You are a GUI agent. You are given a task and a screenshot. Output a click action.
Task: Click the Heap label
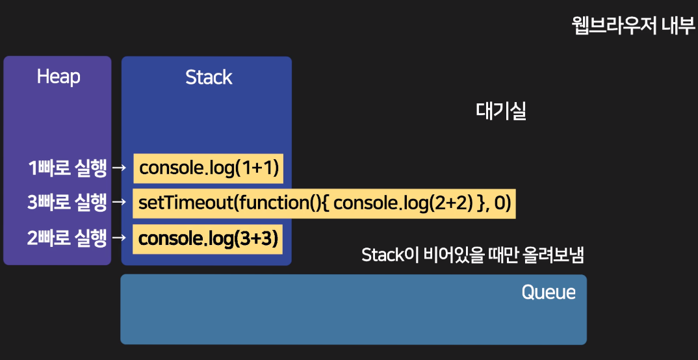pos(58,77)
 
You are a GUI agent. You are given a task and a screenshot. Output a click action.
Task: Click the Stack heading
pos(209,77)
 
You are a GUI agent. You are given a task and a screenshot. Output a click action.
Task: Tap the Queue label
pos(549,292)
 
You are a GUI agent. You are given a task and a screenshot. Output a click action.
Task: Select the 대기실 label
pos(500,111)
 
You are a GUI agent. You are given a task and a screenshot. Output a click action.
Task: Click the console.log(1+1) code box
pos(209,168)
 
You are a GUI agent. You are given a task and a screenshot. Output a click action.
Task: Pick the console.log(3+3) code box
pos(209,239)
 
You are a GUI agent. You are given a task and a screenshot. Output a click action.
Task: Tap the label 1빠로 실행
pos(67,168)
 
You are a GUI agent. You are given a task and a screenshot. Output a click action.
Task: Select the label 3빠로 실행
pos(67,203)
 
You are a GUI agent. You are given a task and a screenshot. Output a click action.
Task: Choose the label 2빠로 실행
pos(67,239)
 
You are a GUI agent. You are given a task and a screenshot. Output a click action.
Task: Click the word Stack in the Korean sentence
pos(383,255)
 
